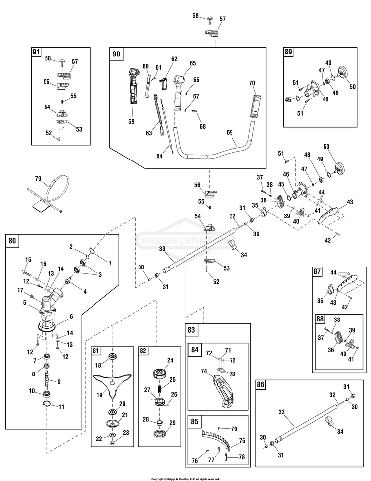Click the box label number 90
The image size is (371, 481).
point(116,54)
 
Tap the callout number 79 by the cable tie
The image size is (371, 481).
point(38,178)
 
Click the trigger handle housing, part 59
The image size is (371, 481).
point(133,87)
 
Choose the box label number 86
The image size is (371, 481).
point(260,385)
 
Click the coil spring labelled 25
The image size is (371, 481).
point(160,389)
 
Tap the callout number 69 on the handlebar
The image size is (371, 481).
point(230,133)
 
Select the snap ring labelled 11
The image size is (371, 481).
point(47,404)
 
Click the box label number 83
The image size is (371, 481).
point(191,330)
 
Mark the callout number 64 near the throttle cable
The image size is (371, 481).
point(160,156)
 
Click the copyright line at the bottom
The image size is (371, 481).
point(185,479)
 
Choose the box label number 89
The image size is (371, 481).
point(288,52)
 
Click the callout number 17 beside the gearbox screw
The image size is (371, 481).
point(20,290)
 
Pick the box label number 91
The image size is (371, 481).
point(36,52)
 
